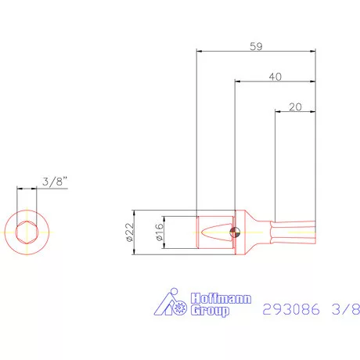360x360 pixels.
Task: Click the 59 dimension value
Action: click(256, 46)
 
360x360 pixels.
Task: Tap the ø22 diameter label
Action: click(130, 232)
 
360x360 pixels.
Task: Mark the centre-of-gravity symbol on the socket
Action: click(235, 232)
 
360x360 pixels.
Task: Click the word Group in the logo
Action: click(211, 311)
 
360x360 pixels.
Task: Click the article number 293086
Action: click(288, 308)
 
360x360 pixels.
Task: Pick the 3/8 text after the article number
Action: click(344, 308)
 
